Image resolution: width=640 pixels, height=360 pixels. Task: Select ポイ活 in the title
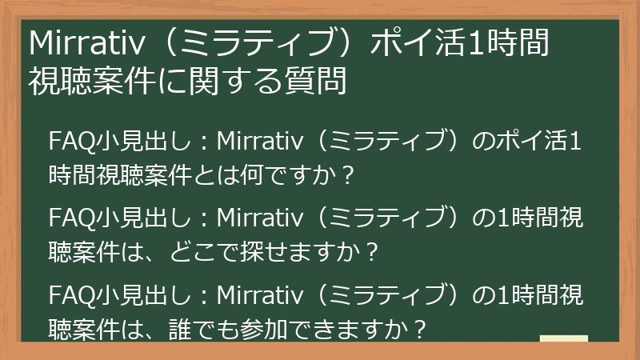click(416, 45)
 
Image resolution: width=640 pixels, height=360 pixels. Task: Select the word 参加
click(270, 328)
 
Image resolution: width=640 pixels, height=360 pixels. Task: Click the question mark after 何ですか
click(346, 174)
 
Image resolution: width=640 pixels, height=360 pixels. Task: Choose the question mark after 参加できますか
click(416, 328)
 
